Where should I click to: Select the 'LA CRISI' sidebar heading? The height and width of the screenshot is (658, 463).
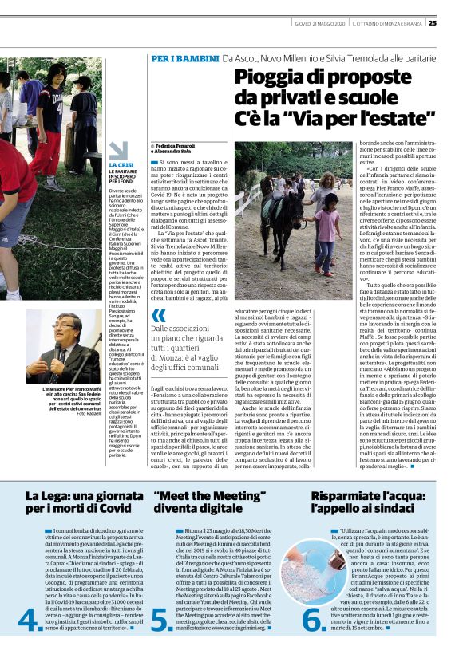[x=121, y=164]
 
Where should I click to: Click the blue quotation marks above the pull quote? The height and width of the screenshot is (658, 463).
[x=159, y=314]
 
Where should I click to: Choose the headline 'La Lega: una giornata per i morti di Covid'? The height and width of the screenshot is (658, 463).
[x=77, y=502]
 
